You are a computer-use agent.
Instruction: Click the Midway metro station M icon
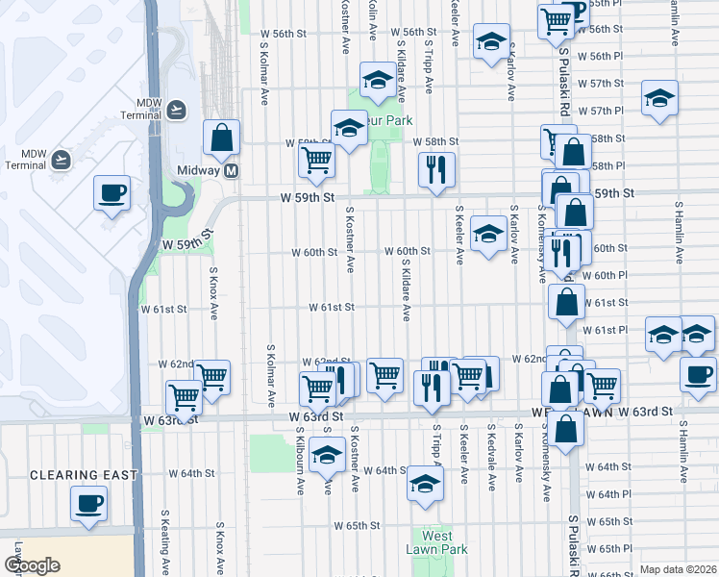tap(231, 171)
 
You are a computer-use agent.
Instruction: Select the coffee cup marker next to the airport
tap(112, 192)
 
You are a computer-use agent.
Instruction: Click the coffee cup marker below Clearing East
tap(88, 503)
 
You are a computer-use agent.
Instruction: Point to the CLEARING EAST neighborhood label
tap(84, 475)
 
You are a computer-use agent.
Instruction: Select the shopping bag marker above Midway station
tap(221, 138)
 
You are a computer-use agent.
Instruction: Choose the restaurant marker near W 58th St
tap(436, 169)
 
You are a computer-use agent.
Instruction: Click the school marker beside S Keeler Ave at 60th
tap(488, 234)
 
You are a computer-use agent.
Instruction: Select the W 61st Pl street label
tap(605, 330)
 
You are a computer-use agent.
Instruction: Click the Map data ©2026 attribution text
tap(678, 569)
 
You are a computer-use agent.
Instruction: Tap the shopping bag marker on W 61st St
tap(566, 302)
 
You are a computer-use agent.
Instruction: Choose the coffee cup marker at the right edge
tap(698, 373)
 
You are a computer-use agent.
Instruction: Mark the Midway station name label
tap(200, 170)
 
